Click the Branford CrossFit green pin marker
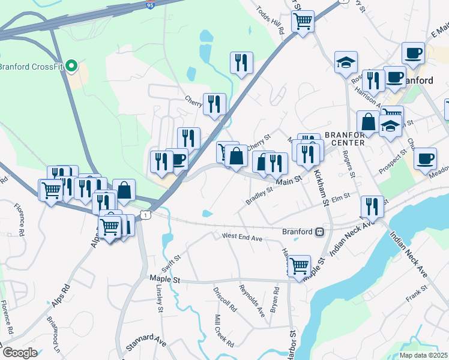pyautogui.click(x=71, y=65)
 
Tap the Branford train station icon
pyautogui.click(x=321, y=232)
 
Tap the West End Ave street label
pyautogui.click(x=243, y=238)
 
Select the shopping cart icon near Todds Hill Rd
pyautogui.click(x=303, y=22)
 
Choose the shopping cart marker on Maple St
pyautogui.click(x=299, y=265)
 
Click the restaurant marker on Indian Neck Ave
pyautogui.click(x=372, y=206)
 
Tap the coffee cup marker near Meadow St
pyautogui.click(x=425, y=158)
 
